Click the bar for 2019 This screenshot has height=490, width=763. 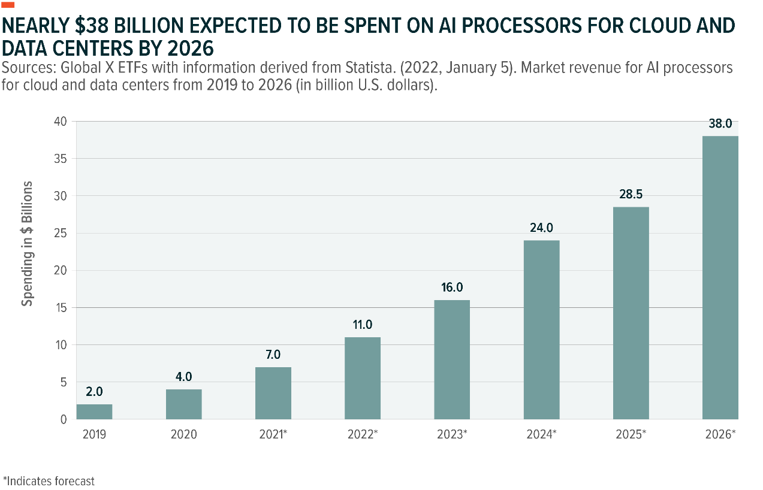[x=95, y=412]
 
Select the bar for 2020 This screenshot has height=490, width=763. [x=184, y=404]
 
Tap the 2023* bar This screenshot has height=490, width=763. [x=452, y=359]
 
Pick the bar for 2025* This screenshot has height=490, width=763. [x=631, y=313]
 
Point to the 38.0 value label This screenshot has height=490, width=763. [x=720, y=125]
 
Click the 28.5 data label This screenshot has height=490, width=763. [x=631, y=195]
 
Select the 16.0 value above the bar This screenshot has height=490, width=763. [x=452, y=288]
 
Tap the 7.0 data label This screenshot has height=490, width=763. [x=273, y=355]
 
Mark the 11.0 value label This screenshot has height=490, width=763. [x=363, y=325]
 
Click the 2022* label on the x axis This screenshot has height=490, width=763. [x=363, y=434]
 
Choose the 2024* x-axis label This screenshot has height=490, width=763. [x=541, y=434]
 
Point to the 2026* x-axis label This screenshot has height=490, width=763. [x=720, y=434]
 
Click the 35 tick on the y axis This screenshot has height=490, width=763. [x=62, y=159]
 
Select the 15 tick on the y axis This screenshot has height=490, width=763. [x=62, y=307]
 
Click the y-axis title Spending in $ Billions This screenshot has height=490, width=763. [x=27, y=243]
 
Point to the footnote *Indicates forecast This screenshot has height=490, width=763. [x=49, y=481]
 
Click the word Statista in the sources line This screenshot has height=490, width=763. [x=321, y=68]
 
